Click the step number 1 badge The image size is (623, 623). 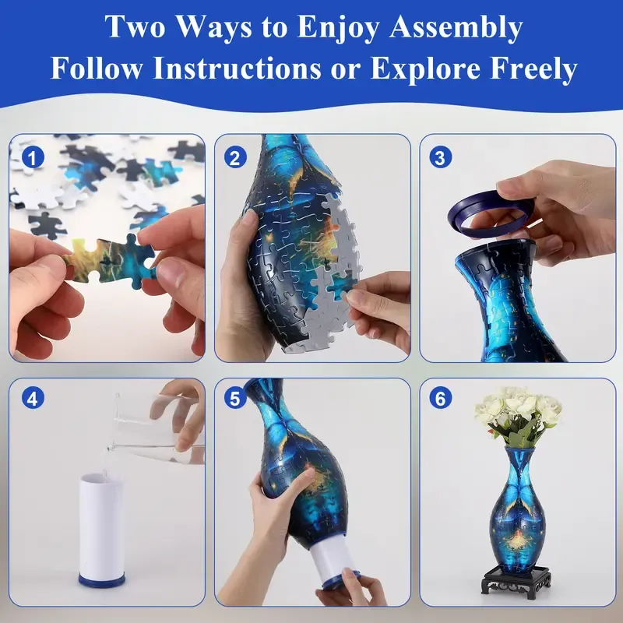33,158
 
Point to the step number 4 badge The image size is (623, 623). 33,399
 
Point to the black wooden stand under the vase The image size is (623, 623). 517,581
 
